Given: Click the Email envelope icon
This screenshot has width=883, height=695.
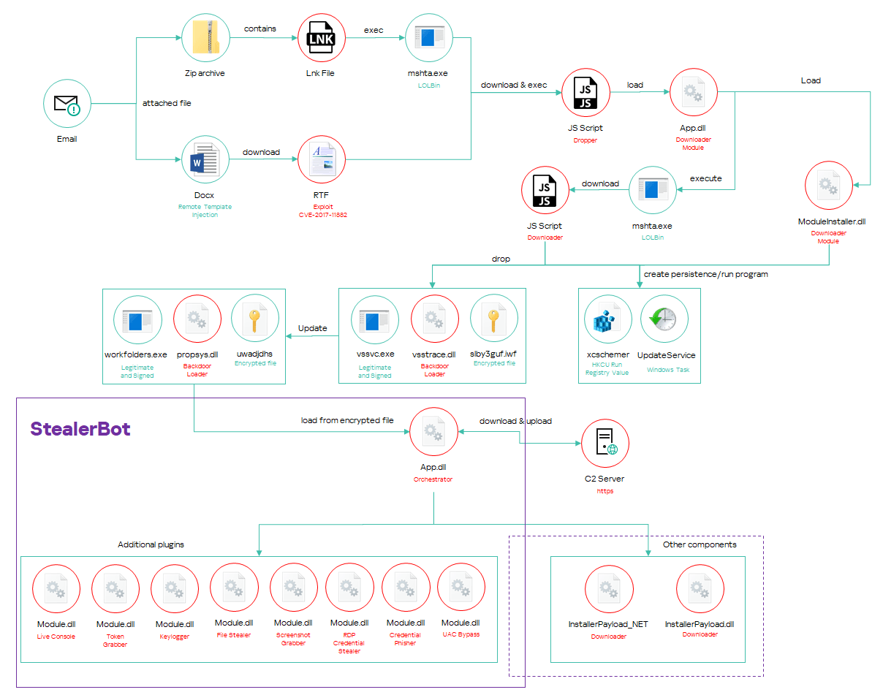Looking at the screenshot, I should tap(67, 103).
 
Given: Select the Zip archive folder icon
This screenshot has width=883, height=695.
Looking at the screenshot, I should tap(205, 37).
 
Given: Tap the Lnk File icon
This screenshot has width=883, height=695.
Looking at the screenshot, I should tap(322, 37).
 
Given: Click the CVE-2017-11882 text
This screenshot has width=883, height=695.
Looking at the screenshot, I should tap(321, 215).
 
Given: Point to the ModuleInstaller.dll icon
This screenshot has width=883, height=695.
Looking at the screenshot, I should tap(829, 185).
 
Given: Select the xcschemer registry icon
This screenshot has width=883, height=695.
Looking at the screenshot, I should tap(608, 319).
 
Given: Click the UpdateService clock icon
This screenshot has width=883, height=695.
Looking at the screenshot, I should tap(665, 319).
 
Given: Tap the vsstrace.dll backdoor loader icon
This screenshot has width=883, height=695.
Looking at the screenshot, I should tap(434, 319).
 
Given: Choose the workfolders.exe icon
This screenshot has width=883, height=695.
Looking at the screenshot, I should tap(137, 319).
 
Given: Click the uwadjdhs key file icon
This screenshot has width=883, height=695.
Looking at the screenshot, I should tap(254, 319).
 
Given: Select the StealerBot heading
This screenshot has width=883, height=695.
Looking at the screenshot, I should tap(80, 429).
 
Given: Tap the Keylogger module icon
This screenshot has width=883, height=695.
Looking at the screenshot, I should tap(175, 588).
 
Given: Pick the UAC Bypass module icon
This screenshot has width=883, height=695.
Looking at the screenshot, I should tap(461, 588).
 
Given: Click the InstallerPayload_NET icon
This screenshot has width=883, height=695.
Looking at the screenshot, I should tap(609, 588).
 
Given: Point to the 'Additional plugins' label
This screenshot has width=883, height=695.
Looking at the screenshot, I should tap(151, 545).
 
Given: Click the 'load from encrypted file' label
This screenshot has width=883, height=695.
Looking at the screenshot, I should tap(347, 421).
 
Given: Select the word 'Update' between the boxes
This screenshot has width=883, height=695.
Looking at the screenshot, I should tap(313, 328).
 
